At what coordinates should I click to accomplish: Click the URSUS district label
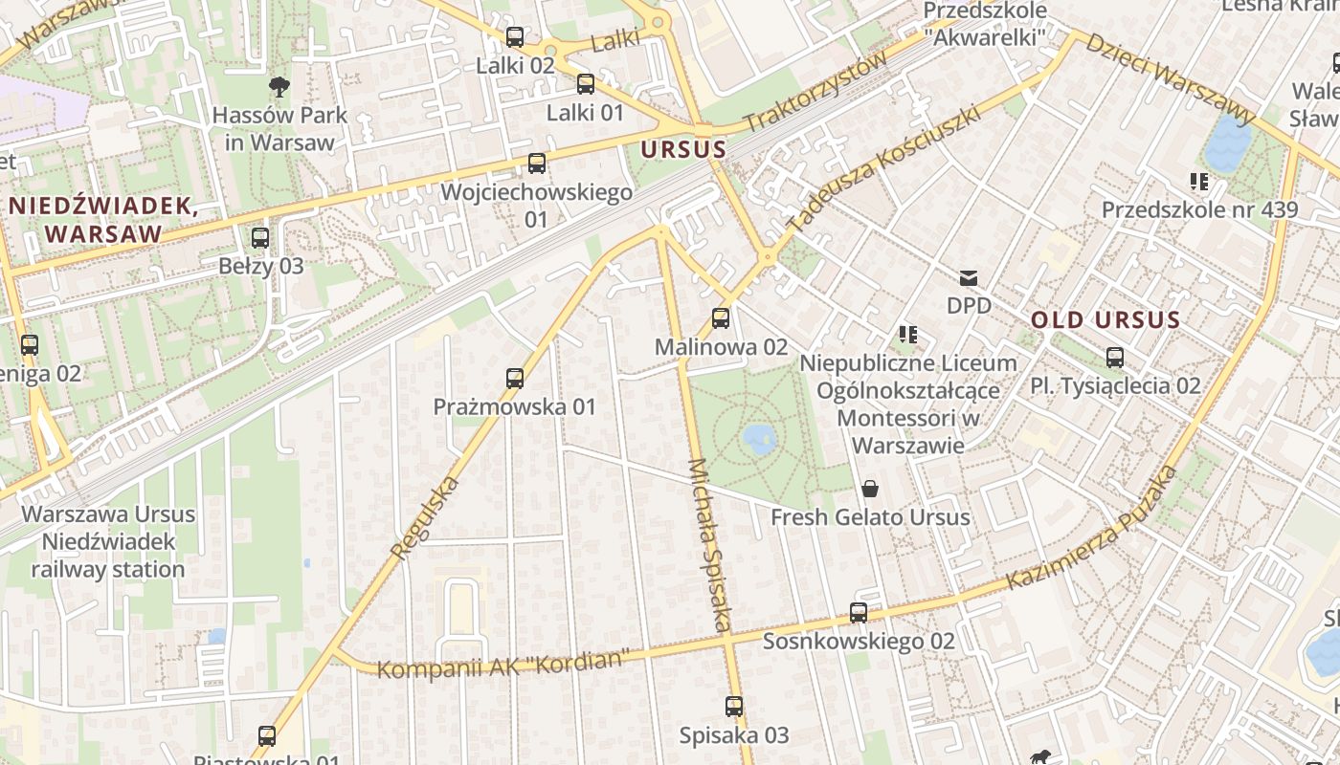[683, 150]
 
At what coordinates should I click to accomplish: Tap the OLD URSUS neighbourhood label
[1105, 320]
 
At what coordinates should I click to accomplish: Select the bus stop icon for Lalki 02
[515, 37]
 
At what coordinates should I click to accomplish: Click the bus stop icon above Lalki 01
[586, 84]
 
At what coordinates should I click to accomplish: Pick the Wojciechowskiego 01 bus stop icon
[537, 164]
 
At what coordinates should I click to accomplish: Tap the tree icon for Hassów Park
[279, 88]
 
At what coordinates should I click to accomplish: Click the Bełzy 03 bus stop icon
[260, 238]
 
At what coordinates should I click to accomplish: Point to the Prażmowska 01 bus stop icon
[515, 379]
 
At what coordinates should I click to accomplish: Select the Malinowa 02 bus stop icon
[721, 318]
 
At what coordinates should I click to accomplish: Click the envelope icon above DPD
[969, 278]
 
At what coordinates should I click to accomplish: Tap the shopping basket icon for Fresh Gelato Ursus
[870, 489]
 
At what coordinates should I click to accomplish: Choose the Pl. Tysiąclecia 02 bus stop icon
[1115, 358]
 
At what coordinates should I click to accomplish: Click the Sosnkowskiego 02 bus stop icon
[859, 613]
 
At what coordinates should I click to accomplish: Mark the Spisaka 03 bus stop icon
[734, 707]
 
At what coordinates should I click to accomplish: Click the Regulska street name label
[425, 518]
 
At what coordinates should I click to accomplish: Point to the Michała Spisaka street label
[710, 545]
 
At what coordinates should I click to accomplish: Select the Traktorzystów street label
[815, 92]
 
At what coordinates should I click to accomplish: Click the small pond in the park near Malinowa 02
[759, 439]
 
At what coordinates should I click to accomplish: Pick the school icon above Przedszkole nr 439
[1198, 181]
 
